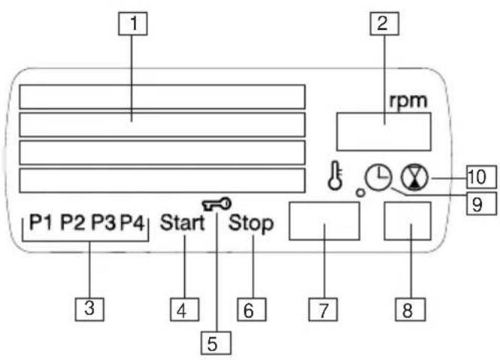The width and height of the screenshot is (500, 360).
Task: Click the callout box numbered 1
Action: pos(132,23)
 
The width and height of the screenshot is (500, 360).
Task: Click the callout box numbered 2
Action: pos(384,23)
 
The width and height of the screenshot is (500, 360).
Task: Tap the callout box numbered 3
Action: pos(89,310)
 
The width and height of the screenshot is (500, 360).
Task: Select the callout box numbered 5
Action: pos(216,343)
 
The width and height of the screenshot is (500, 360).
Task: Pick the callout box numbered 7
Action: pos(323,310)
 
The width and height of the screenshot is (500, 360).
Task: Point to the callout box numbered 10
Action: pos(481,177)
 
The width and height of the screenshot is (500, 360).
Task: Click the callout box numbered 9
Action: pos(481,203)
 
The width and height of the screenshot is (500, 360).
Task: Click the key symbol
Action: pos(217,204)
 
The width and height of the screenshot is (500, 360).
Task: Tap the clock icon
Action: pos(378,177)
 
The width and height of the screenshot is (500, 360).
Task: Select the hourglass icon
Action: pos(414,178)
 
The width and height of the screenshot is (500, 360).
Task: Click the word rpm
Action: pos(408,101)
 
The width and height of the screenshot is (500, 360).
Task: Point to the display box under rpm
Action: pos(384,132)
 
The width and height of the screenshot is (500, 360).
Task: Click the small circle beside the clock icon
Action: pos(361,192)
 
